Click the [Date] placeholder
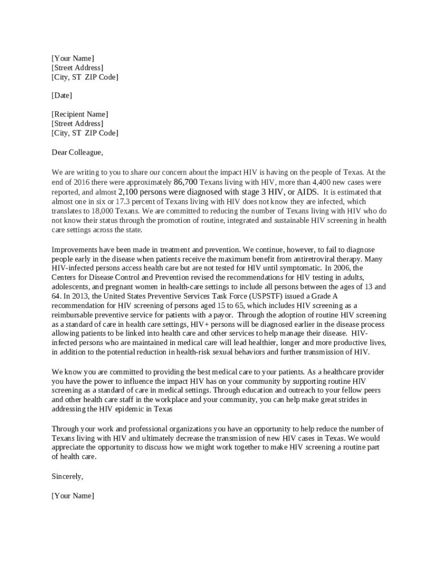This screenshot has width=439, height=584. pos(62,96)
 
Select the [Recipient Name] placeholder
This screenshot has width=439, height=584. pos(79,114)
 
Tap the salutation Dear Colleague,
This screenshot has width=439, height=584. pos(78,152)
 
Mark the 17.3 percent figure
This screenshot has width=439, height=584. pos(143,201)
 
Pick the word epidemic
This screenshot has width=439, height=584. pos(118,409)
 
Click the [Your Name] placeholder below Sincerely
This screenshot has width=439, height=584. pos(72,496)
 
